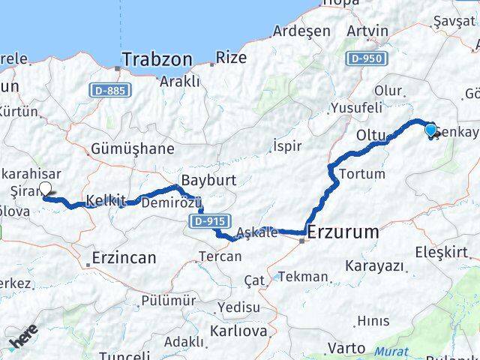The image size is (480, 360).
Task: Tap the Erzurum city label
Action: coord(343,232)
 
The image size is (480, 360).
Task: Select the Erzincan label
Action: coord(124,258)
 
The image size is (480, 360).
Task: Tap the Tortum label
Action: coord(362,173)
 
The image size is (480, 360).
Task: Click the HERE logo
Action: coord(22,341)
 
